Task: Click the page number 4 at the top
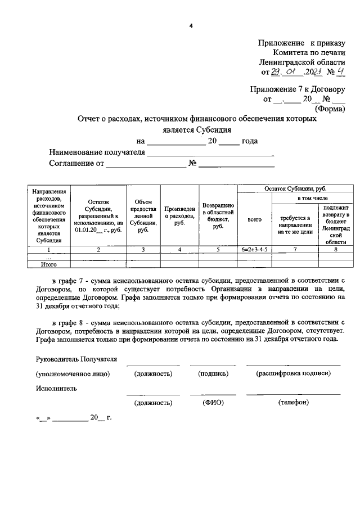(x=191, y=25)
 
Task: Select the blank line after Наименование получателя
(x=211, y=153)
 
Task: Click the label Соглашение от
(x=76, y=164)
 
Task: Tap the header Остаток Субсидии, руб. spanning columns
(x=295, y=190)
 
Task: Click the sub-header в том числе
(x=312, y=199)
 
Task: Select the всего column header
(x=254, y=220)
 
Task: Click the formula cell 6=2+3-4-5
(x=254, y=249)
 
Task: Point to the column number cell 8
(x=335, y=249)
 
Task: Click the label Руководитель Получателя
(x=76, y=359)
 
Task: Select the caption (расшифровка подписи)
(x=292, y=373)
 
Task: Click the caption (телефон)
(x=292, y=403)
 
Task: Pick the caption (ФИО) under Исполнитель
(x=213, y=403)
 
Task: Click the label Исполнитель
(x=56, y=388)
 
